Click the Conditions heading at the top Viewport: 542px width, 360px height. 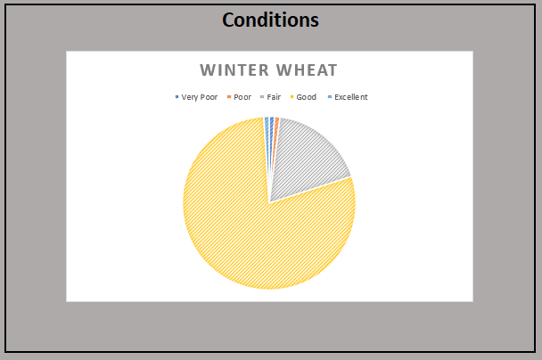point(270,20)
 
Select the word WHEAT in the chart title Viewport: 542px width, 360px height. point(305,70)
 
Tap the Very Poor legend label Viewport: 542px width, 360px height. point(200,97)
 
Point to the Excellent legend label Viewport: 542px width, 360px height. point(351,97)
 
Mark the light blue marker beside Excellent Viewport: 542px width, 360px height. point(329,97)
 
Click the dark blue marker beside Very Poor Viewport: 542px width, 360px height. point(177,97)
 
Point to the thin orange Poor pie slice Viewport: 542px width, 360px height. point(276,125)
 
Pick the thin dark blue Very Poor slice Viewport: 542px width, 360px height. point(271,125)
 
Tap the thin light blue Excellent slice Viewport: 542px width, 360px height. point(267,125)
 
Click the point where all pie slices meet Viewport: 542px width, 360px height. point(269,201)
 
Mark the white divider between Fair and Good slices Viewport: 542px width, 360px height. point(312,188)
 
